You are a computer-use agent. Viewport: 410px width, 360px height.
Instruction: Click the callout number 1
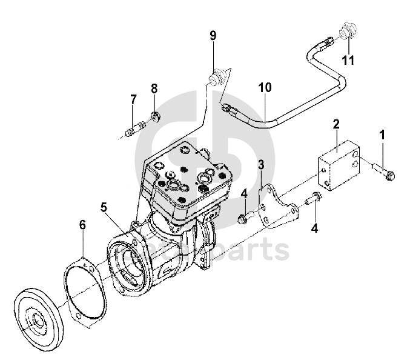click(382, 133)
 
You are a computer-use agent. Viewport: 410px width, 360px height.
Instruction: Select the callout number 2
click(335, 125)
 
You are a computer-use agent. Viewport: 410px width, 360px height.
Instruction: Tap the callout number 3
click(261, 165)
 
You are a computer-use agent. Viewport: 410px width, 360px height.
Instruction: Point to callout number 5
click(104, 207)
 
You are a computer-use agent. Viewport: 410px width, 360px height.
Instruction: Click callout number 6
click(82, 225)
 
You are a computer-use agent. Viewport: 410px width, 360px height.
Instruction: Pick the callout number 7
click(133, 98)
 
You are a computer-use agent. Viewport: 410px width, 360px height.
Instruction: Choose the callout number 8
click(154, 89)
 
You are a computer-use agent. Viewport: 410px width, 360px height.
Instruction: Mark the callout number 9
click(213, 36)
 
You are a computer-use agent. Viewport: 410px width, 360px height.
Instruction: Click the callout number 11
click(347, 59)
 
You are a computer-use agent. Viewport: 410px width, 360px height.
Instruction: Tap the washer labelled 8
click(155, 115)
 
